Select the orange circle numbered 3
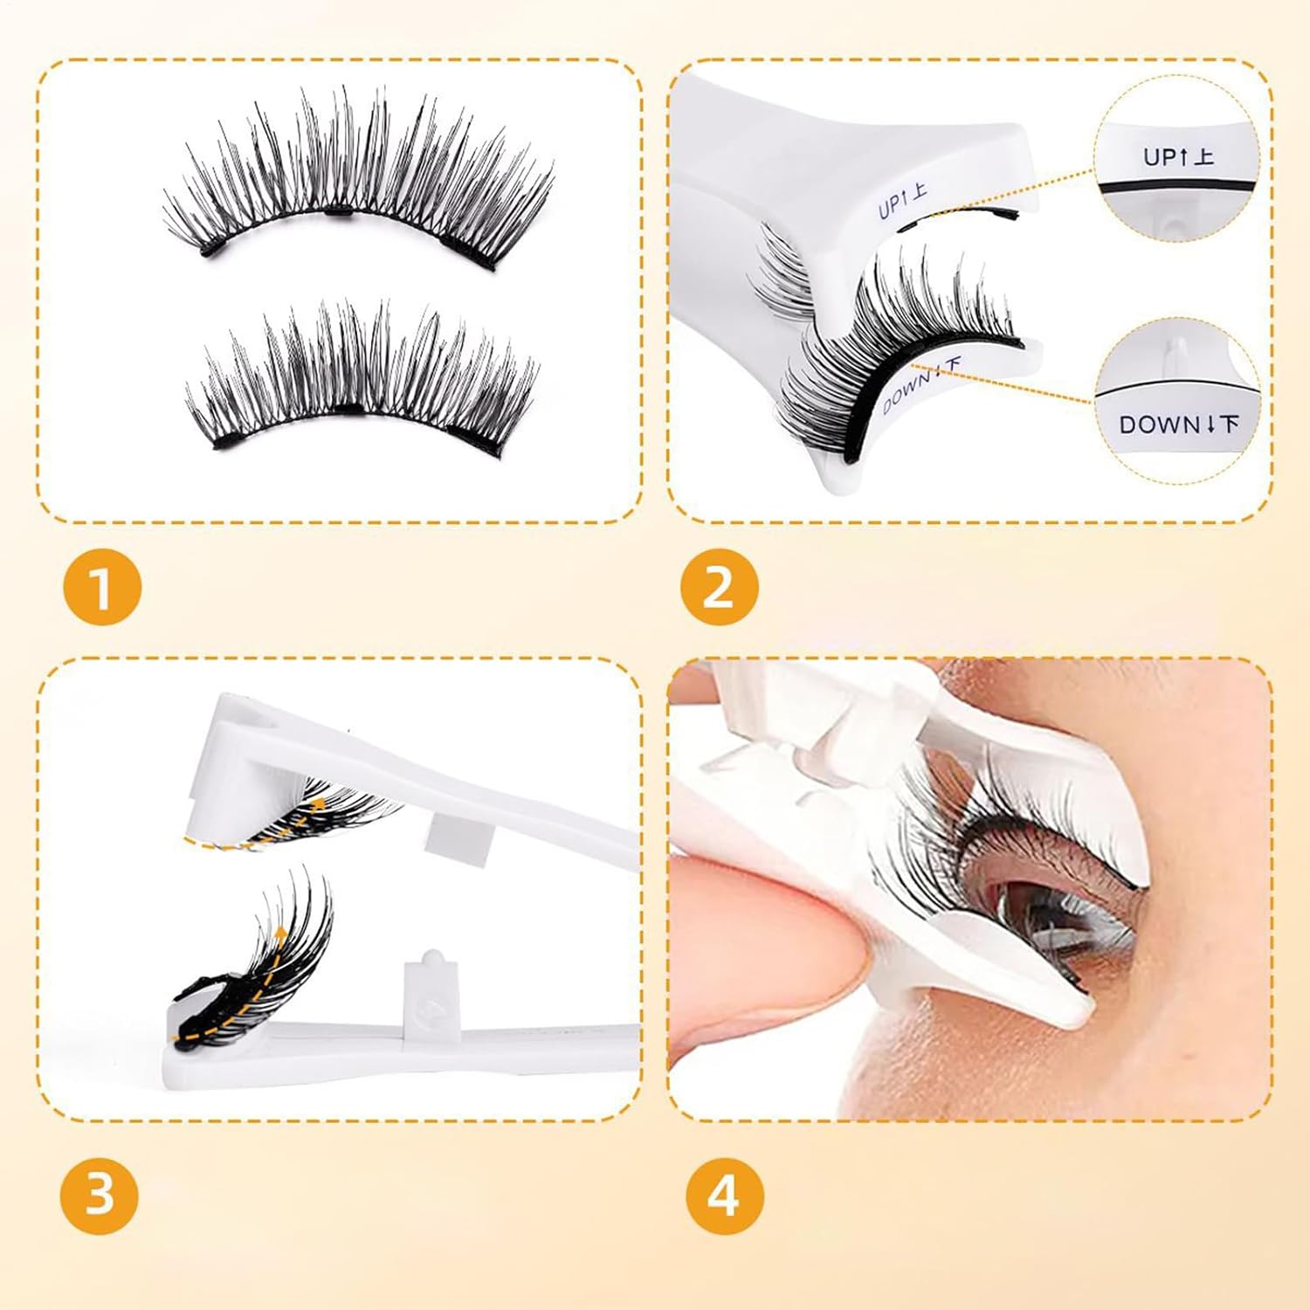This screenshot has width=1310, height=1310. click(x=100, y=1194)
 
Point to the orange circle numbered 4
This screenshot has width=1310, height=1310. click(x=724, y=1194)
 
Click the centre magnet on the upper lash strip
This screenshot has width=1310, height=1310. click(x=337, y=211)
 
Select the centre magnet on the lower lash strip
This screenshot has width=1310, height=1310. click(x=349, y=409)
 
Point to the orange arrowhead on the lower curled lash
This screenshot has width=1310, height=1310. click(x=280, y=934)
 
